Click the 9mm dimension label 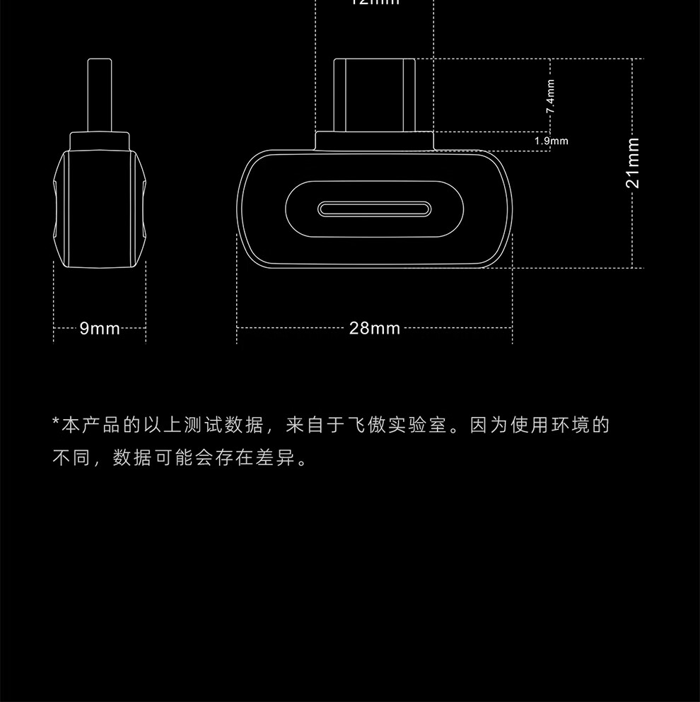pyautogui.click(x=100, y=328)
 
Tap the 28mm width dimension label pyautogui.click(x=374, y=328)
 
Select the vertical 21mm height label pyautogui.click(x=633, y=163)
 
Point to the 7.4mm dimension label pyautogui.click(x=551, y=98)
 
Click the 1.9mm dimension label pyautogui.click(x=552, y=141)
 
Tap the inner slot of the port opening pyautogui.click(x=374, y=209)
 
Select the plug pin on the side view pyautogui.click(x=99, y=94)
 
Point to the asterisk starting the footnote pyautogui.click(x=57, y=423)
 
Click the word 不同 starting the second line pyautogui.click(x=73, y=458)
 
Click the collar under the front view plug pyautogui.click(x=374, y=140)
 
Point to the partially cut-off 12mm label pyautogui.click(x=374, y=3)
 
